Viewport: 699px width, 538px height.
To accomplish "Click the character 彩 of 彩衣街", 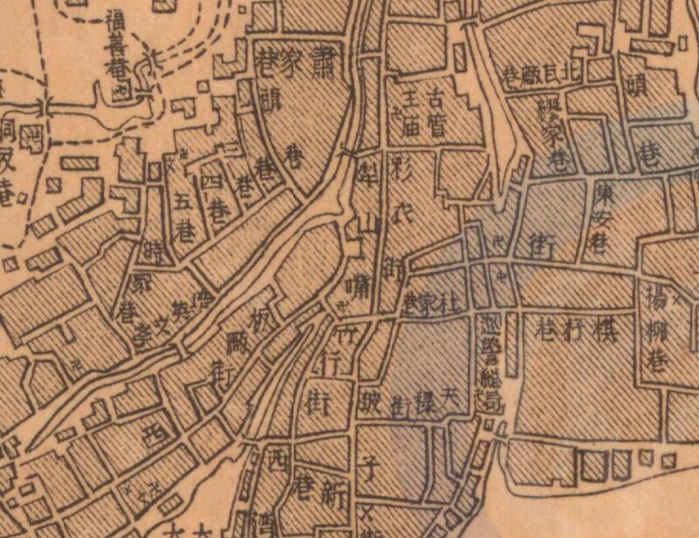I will (402, 168).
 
